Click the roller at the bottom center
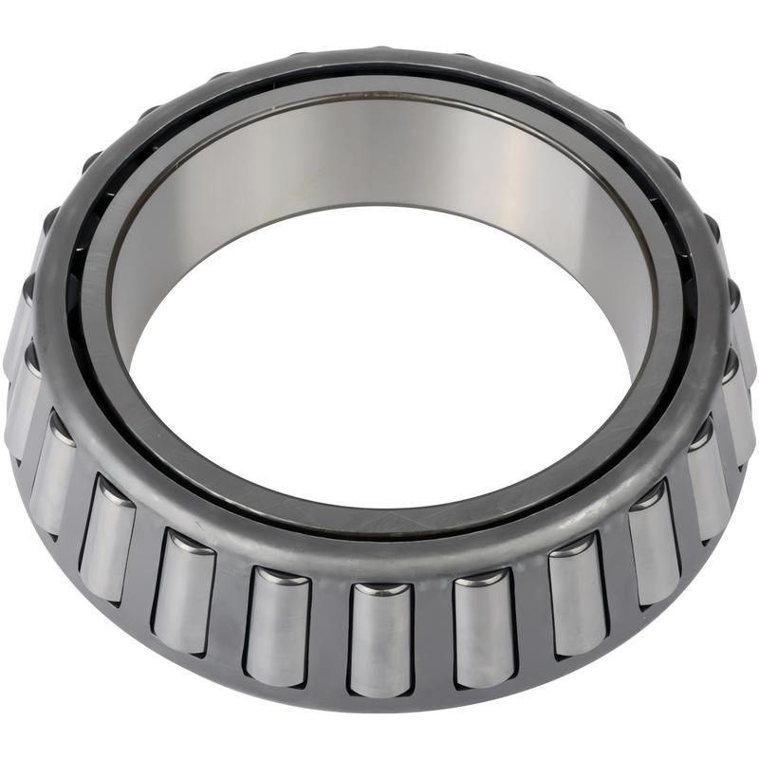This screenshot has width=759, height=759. [x=379, y=639]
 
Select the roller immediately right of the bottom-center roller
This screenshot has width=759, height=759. [x=482, y=627]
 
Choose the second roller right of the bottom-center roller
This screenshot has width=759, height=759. [x=577, y=594]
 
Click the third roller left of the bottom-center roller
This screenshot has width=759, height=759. [x=107, y=538]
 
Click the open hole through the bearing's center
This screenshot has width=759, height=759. [x=379, y=379]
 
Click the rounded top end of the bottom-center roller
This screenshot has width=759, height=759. [x=379, y=590]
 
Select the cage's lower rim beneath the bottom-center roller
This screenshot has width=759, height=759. [x=379, y=702]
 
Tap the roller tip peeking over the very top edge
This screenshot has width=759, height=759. [x=379, y=49]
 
